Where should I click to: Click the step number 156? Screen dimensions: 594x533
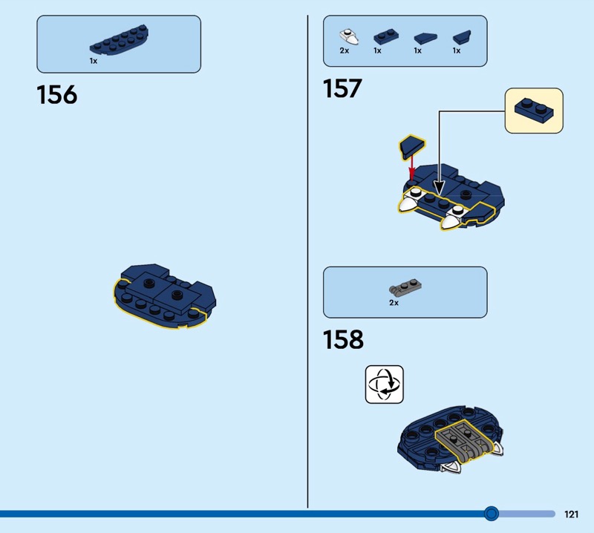pos(57,95)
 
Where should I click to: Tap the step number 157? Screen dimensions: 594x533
pos(342,88)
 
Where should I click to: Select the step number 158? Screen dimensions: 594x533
pos(343,339)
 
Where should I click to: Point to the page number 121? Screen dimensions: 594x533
pos(571,514)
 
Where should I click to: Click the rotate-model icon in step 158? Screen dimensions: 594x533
pos(384,384)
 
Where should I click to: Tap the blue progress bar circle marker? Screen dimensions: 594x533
pos(492,513)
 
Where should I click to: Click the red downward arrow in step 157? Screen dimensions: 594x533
pos(412,168)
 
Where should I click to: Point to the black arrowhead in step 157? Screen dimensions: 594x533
pos(439,188)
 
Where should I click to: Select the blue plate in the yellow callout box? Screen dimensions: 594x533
pos(534,110)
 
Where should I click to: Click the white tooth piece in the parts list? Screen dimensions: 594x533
pos(349,36)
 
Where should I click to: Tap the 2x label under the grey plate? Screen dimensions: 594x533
pos(394,303)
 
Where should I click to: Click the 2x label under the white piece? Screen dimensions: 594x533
pos(345,50)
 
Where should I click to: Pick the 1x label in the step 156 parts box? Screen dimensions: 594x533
pos(94,61)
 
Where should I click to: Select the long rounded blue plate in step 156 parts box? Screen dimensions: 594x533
pos(119,40)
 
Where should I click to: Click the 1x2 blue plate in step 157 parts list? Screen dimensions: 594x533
pos(386,36)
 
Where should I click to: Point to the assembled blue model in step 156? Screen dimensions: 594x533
pos(165,295)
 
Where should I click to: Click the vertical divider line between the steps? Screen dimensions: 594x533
pos(307,261)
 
